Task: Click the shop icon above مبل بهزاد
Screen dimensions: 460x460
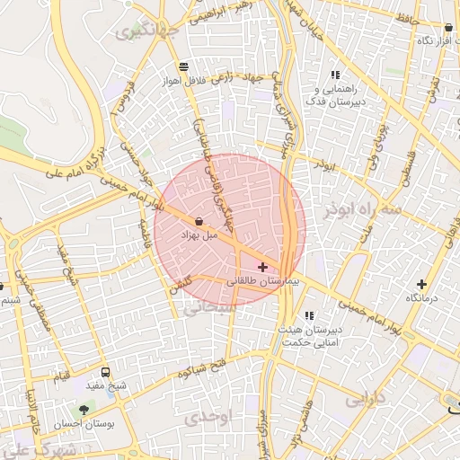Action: pyautogui.click(x=199, y=221)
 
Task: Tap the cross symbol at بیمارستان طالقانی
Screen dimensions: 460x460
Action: pyautogui.click(x=262, y=267)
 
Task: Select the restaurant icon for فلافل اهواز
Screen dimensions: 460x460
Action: pyautogui.click(x=183, y=66)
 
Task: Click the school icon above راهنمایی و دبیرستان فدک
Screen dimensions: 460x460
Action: pyautogui.click(x=336, y=75)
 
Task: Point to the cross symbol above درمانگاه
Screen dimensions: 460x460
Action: pyautogui.click(x=421, y=284)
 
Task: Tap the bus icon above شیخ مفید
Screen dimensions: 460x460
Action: pyautogui.click(x=106, y=373)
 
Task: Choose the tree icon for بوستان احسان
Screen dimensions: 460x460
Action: pyautogui.click(x=84, y=410)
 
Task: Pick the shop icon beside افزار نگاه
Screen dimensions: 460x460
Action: pyautogui.click(x=447, y=28)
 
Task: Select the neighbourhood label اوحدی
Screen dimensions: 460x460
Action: pyautogui.click(x=208, y=418)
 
